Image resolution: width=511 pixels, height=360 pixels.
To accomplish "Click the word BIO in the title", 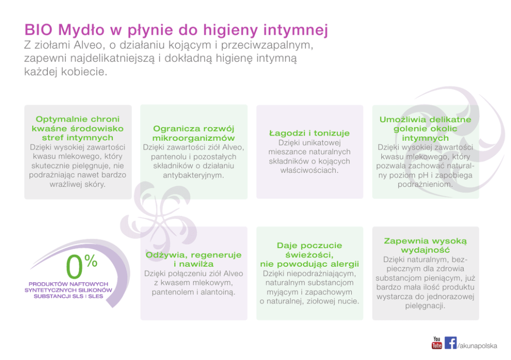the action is pyautogui.click(x=39, y=30).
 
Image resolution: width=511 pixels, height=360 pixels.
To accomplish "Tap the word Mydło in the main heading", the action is pyautogui.click(x=81, y=30).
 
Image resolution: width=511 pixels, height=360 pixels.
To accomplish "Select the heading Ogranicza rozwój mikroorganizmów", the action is pyautogui.click(x=194, y=133).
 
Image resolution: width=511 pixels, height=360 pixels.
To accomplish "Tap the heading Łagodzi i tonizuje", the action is pyautogui.click(x=309, y=133).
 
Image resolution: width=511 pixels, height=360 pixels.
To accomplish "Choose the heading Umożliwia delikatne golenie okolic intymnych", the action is pyautogui.click(x=425, y=129).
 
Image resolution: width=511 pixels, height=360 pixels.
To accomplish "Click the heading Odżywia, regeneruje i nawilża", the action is pyautogui.click(x=194, y=260).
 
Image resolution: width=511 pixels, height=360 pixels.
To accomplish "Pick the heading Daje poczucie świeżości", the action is pyautogui.click(x=309, y=250).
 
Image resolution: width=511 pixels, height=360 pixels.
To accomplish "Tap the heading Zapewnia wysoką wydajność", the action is pyautogui.click(x=425, y=245).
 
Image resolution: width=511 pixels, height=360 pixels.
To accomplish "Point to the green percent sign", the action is pyautogui.click(x=91, y=261).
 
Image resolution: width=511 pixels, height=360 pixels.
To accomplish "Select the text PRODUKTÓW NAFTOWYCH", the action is pyautogui.click(x=68, y=284).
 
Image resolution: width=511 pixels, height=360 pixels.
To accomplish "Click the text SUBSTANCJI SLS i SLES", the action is pyautogui.click(x=68, y=296).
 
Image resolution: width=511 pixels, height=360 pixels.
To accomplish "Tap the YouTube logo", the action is pyautogui.click(x=437, y=342).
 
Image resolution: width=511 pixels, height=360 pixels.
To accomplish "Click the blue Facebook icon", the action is pyautogui.click(x=450, y=342).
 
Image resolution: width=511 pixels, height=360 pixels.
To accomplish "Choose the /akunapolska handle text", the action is pyautogui.click(x=478, y=346).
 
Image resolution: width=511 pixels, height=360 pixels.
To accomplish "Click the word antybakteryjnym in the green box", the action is pyautogui.click(x=194, y=175).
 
